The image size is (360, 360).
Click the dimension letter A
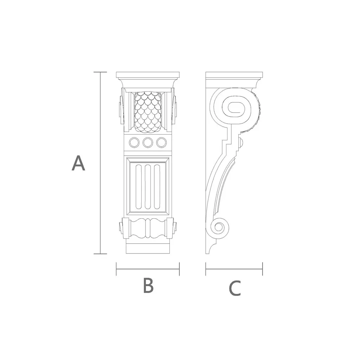[x=78, y=163]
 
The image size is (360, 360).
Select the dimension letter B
[x=148, y=285]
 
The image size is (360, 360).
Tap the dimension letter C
[x=234, y=288]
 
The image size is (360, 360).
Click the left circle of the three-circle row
[x=134, y=143]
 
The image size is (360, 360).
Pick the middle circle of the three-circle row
[x=148, y=143]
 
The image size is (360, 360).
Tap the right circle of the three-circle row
[x=161, y=143]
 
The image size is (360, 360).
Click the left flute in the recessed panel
[x=139, y=187]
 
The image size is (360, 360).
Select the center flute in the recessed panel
[x=148, y=187]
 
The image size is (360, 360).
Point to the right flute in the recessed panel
[x=157, y=187]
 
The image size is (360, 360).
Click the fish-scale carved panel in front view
[x=148, y=112]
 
